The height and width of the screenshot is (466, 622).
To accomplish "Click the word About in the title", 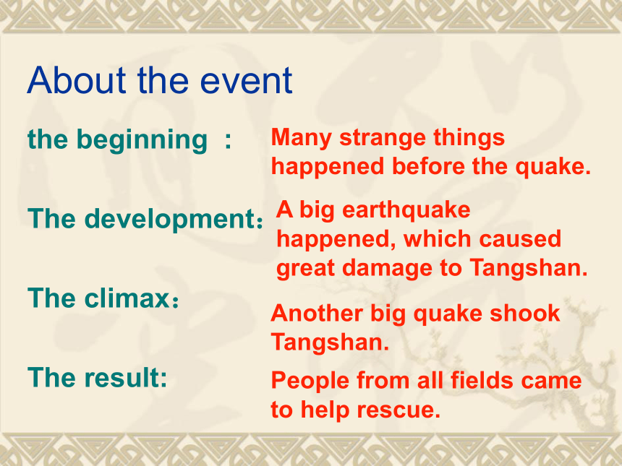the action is pos(77,80).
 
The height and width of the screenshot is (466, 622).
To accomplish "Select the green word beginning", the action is pos(142,141).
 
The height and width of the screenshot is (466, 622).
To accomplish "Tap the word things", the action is pos(469,138).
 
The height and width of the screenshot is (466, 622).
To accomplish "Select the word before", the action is pos(428,166).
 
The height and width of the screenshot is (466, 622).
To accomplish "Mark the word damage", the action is pos(386,269).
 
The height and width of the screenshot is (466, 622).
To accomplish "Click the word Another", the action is pos(317,313).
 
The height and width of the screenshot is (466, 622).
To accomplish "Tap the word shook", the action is pos(524,313).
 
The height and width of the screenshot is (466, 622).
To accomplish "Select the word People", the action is pos(310,381).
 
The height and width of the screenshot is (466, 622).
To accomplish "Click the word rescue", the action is pos(399,410).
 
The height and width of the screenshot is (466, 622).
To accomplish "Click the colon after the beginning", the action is pos(228,141).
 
